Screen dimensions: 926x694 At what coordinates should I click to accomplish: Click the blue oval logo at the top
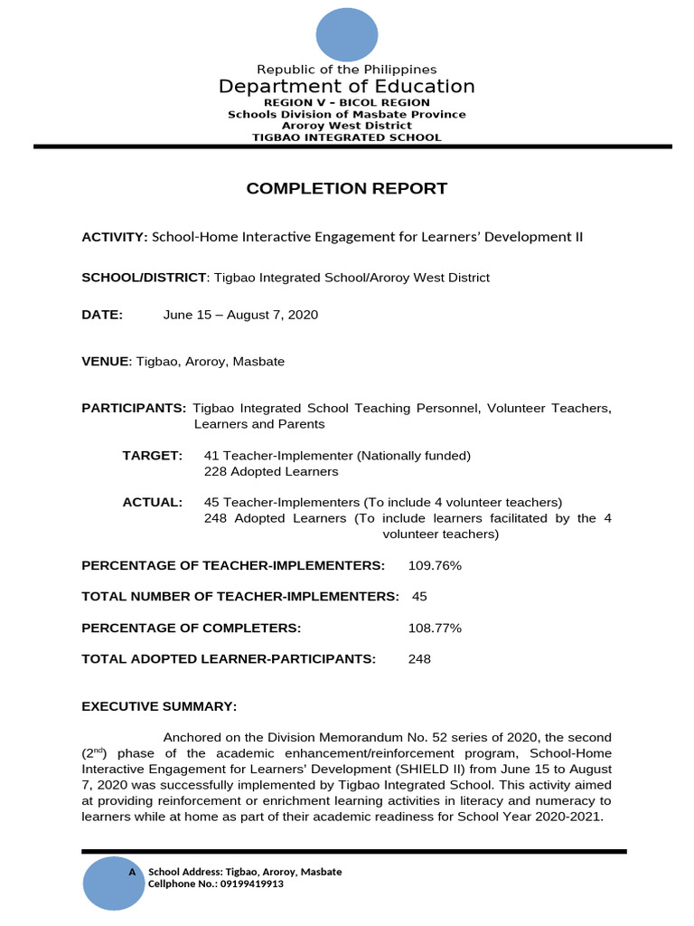(x=346, y=34)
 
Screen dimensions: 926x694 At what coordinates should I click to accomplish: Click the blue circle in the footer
(x=114, y=881)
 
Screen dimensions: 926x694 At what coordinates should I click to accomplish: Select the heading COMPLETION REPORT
(x=347, y=188)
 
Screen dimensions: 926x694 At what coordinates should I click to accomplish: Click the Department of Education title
(x=346, y=87)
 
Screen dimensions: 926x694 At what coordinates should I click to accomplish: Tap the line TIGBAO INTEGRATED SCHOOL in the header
(x=347, y=137)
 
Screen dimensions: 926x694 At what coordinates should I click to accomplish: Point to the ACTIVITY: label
(x=115, y=237)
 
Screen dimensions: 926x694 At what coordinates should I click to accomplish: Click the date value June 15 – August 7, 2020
(x=240, y=315)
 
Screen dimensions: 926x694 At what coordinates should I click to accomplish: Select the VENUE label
(x=106, y=362)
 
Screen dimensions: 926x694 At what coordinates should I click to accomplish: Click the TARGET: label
(x=153, y=456)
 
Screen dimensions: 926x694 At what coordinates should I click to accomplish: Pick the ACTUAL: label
(x=153, y=502)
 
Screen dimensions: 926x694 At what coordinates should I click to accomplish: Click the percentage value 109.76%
(x=435, y=565)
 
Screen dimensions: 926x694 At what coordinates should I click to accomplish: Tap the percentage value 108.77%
(x=435, y=628)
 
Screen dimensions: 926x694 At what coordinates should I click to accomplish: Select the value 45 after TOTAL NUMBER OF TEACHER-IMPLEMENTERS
(x=419, y=597)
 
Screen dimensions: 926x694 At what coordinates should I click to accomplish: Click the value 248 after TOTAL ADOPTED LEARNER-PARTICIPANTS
(x=419, y=659)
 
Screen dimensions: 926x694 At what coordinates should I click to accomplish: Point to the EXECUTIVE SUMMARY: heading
(x=159, y=706)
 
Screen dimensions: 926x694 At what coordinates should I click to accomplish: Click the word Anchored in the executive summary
(x=192, y=737)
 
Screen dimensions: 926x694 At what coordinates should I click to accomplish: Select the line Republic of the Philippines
(x=347, y=70)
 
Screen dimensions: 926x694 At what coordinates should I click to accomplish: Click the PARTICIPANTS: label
(x=134, y=409)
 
